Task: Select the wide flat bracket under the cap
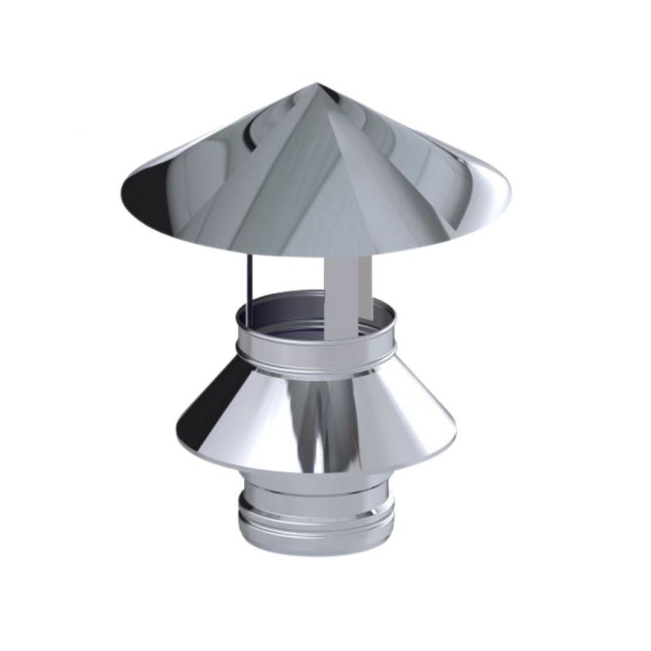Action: [347, 298]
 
